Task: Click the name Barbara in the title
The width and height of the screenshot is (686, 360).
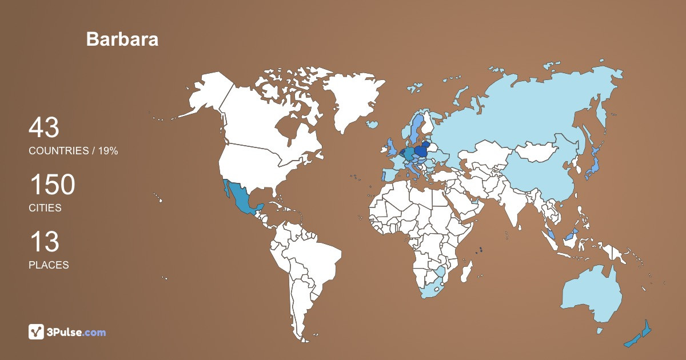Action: (122, 39)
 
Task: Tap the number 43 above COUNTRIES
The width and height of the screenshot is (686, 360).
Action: (43, 128)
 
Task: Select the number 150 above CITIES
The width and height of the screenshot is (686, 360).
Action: (52, 185)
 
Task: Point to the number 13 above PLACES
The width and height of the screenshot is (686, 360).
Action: (43, 242)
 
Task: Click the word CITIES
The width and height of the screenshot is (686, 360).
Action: (45, 208)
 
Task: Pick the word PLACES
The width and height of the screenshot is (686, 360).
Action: (49, 265)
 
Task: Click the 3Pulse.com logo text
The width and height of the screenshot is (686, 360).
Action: (76, 332)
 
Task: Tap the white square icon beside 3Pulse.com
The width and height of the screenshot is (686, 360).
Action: (37, 331)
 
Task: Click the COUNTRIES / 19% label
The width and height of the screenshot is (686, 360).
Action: (73, 151)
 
